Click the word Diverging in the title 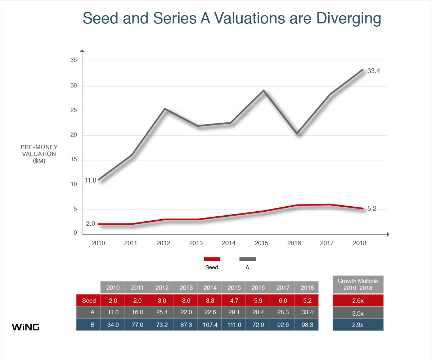(348, 19)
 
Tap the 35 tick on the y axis (73, 60)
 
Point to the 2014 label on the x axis (229, 243)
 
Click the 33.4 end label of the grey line (373, 71)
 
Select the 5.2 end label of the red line (372, 208)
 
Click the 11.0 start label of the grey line (90, 180)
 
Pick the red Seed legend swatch (212, 259)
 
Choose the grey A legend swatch (247, 259)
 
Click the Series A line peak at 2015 (264, 90)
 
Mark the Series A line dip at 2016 (297, 134)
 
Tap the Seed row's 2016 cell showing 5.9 (258, 300)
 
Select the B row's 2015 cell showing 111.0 (234, 325)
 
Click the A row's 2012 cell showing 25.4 (162, 312)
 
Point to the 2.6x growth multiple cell (358, 300)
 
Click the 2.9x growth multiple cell (358, 325)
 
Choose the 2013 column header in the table (186, 288)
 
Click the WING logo (26, 327)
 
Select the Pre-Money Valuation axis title (39, 154)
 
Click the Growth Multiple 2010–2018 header (358, 284)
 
